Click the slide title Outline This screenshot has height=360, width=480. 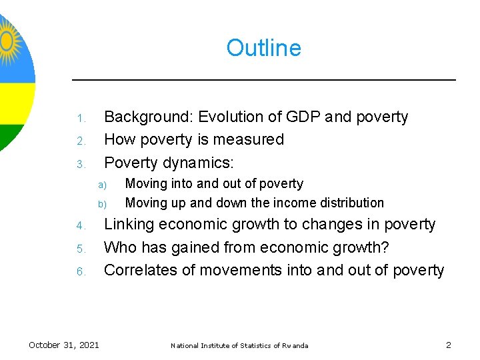(x=263, y=48)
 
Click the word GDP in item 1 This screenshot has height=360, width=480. (x=305, y=117)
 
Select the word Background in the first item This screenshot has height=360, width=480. (x=147, y=117)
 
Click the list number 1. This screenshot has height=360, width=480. (x=79, y=119)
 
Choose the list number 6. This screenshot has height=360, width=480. (x=79, y=272)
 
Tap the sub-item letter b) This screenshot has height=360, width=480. (x=103, y=204)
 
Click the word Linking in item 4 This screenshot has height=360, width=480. (x=129, y=225)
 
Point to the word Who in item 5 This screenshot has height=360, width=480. (x=120, y=247)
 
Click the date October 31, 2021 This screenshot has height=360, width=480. (x=64, y=345)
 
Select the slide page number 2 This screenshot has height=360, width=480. (x=449, y=345)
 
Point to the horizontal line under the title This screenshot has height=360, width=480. (x=263, y=80)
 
